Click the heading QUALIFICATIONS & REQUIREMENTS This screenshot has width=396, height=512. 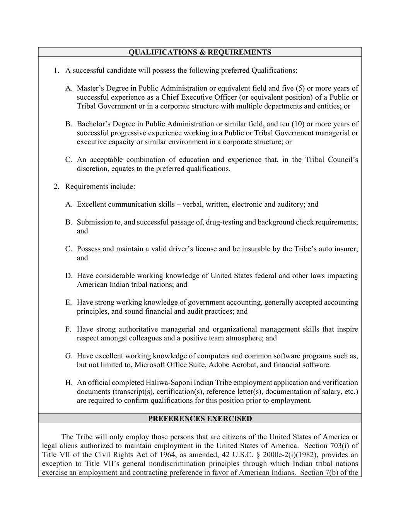click(200, 52)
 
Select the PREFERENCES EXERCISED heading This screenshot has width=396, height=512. click(200, 418)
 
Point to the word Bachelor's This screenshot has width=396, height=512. click(93, 124)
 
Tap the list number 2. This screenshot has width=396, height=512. click(56, 187)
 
